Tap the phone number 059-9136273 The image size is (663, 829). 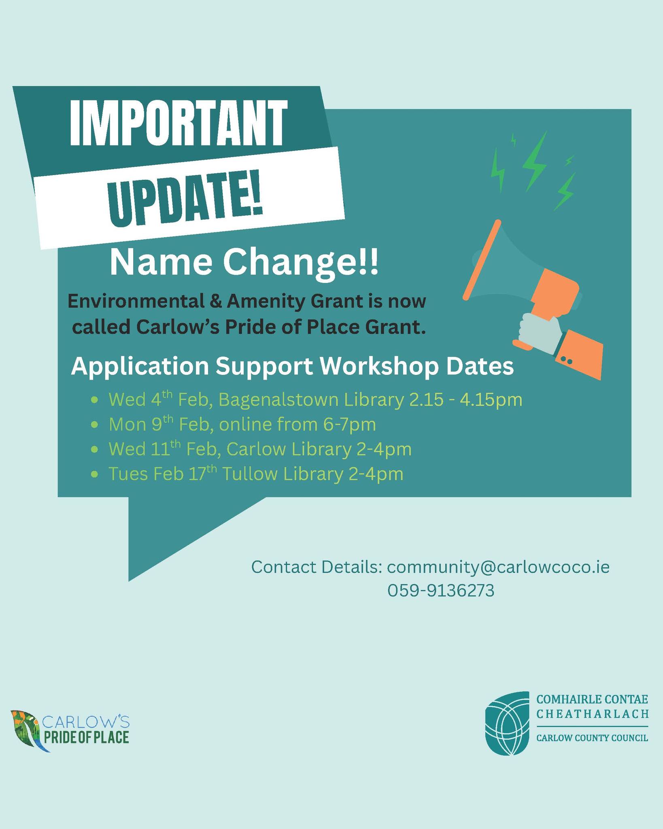(441, 591)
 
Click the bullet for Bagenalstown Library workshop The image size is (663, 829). (94, 400)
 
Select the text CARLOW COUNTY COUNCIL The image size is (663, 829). (592, 738)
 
